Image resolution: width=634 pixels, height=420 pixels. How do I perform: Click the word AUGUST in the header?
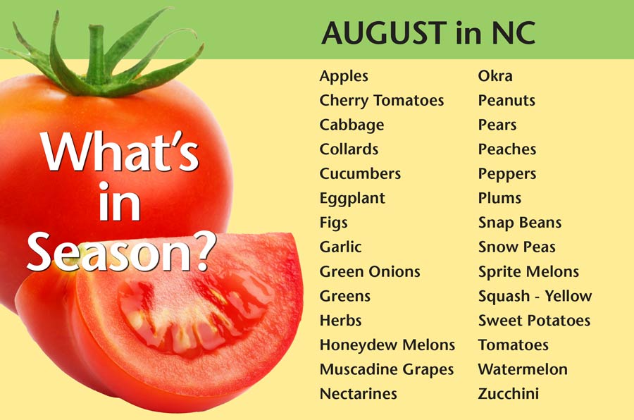click(x=384, y=33)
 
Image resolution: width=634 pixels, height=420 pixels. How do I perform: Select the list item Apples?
click(x=344, y=77)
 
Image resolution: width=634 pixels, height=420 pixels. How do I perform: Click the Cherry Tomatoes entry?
click(x=382, y=101)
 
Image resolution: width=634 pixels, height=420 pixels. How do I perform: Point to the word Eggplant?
click(x=352, y=199)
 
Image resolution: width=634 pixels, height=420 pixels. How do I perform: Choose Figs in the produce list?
click(x=334, y=223)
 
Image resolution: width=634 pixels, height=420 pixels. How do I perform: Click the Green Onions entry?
click(x=370, y=271)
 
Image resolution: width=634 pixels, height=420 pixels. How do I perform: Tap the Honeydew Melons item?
click(x=387, y=345)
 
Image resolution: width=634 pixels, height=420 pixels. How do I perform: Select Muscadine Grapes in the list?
click(x=387, y=370)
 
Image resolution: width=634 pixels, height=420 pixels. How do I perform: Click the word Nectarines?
click(x=359, y=394)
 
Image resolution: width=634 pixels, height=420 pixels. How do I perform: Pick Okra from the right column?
click(x=495, y=75)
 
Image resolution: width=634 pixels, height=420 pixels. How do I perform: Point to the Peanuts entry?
click(x=506, y=100)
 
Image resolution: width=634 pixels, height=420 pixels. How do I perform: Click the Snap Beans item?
click(x=520, y=223)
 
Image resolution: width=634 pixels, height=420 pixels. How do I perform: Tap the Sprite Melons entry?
click(x=528, y=272)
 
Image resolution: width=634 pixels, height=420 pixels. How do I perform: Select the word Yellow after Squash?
click(x=568, y=296)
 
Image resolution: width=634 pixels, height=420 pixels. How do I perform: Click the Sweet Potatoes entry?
click(x=534, y=321)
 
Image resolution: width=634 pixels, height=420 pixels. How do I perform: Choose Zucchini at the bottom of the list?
click(x=508, y=394)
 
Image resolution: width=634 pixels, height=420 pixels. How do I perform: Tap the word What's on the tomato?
click(x=120, y=152)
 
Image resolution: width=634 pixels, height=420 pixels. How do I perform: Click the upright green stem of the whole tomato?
click(x=97, y=54)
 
